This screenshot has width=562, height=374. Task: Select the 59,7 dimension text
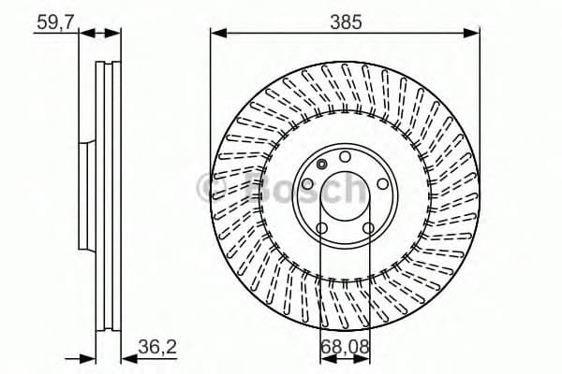point(53,20)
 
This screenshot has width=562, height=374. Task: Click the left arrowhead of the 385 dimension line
point(216,33)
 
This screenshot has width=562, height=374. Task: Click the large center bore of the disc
point(345,194)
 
